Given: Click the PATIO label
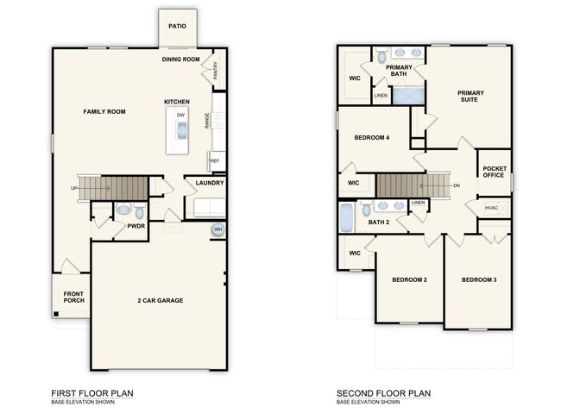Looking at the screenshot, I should [177, 27].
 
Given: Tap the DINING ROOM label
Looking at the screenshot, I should [180, 60].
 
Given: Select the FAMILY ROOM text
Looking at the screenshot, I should [104, 112].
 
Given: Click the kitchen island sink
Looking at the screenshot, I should [181, 129].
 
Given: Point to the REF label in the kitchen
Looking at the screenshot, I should [215, 160].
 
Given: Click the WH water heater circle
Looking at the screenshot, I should [217, 229].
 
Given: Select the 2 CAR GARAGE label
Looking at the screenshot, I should [160, 300].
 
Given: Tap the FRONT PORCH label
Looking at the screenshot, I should [73, 298].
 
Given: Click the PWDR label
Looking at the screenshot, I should [136, 226].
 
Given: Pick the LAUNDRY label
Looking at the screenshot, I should [210, 183].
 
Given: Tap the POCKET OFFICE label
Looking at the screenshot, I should [494, 172].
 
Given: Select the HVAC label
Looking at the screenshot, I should [491, 207].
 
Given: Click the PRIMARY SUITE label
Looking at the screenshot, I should [470, 96].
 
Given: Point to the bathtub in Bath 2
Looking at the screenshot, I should [346, 217].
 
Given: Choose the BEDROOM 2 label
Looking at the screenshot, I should [409, 279].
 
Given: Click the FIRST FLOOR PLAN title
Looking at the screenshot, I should [92, 393].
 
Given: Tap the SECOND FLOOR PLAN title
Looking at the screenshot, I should [383, 393].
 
